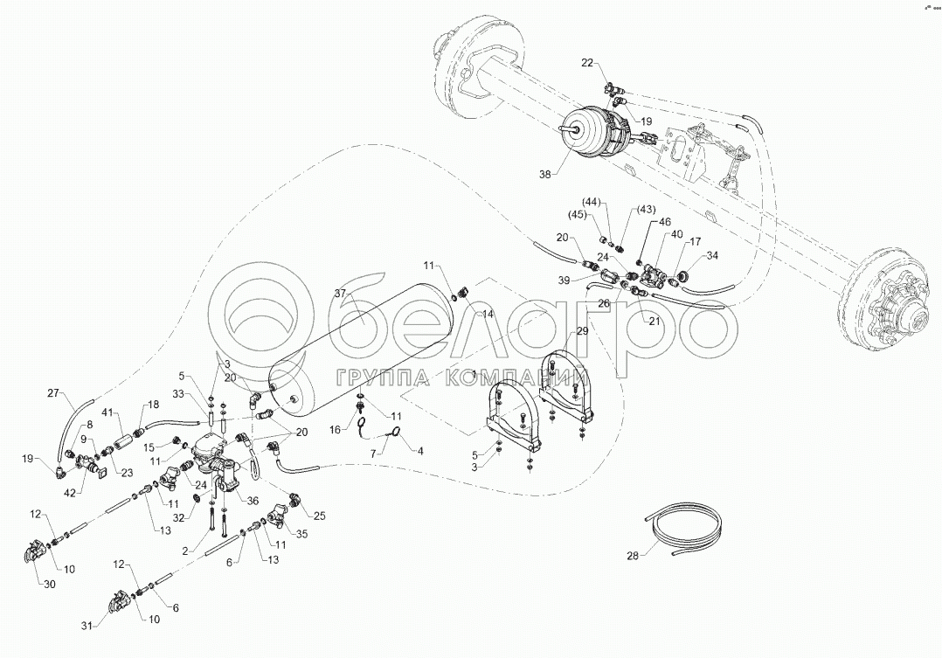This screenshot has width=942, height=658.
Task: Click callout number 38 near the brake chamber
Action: coord(545,174)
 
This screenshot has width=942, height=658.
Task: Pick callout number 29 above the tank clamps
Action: coord(581,331)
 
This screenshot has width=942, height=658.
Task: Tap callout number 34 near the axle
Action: coord(712,255)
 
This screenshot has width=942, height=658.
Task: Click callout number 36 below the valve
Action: coord(253,501)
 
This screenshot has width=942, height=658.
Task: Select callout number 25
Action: coord(319,516)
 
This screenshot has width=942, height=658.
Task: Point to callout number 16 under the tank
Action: coord(335,430)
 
